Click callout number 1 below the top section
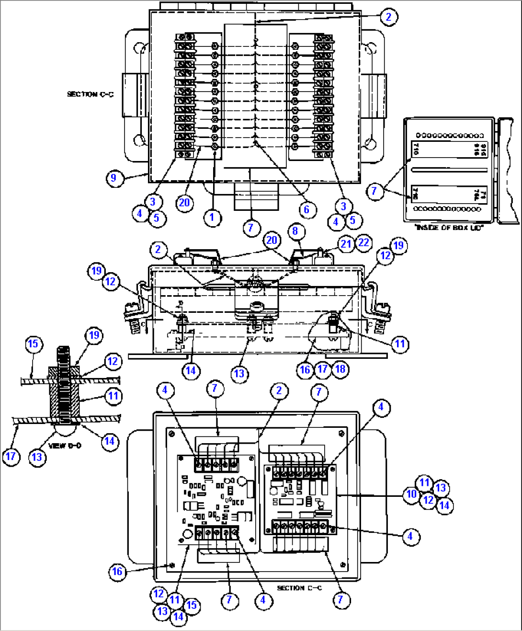(x=212, y=218)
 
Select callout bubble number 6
(x=306, y=209)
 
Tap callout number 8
(x=295, y=231)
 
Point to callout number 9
(x=113, y=178)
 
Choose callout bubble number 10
(x=411, y=494)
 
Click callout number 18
(x=340, y=369)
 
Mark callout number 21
(x=346, y=243)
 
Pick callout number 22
(x=363, y=242)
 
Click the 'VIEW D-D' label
(x=65, y=446)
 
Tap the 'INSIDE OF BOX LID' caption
(x=449, y=228)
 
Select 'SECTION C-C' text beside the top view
(x=90, y=94)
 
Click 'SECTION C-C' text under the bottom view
(x=299, y=588)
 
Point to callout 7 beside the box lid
(x=374, y=191)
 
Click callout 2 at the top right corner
(x=388, y=17)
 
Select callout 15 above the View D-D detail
(x=33, y=344)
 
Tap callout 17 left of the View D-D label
(x=11, y=456)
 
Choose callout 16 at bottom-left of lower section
(x=117, y=571)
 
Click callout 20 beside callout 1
(x=184, y=203)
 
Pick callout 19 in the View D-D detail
(x=94, y=335)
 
